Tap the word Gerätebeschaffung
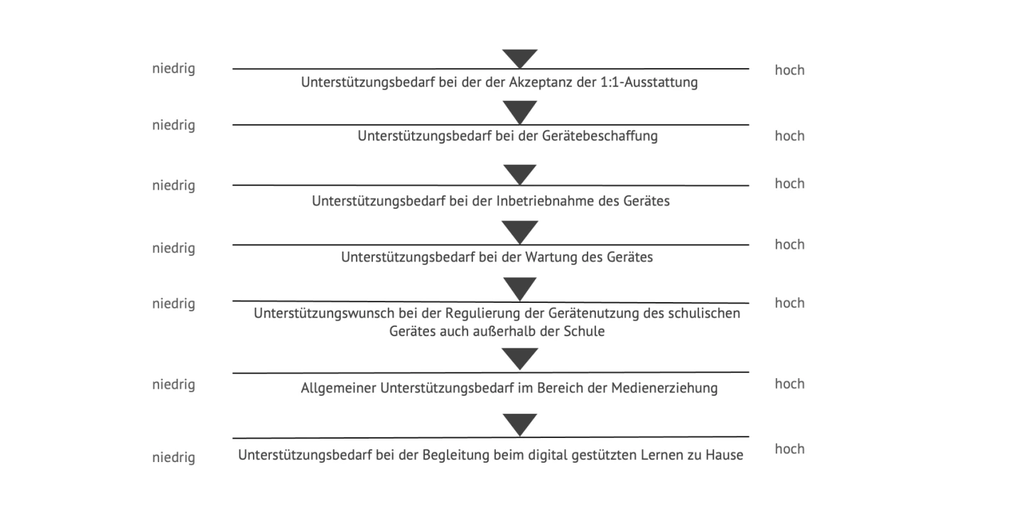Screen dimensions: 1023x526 pyautogui.click(x=600, y=136)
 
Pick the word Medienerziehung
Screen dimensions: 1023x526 pyautogui.click(x=664, y=388)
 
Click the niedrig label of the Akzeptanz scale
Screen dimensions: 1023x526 pyautogui.click(x=173, y=68)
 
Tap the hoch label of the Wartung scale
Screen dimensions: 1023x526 pyautogui.click(x=790, y=245)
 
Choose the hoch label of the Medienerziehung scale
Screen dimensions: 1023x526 pyautogui.click(x=790, y=384)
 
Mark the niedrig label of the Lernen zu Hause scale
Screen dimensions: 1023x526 pyautogui.click(x=173, y=458)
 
